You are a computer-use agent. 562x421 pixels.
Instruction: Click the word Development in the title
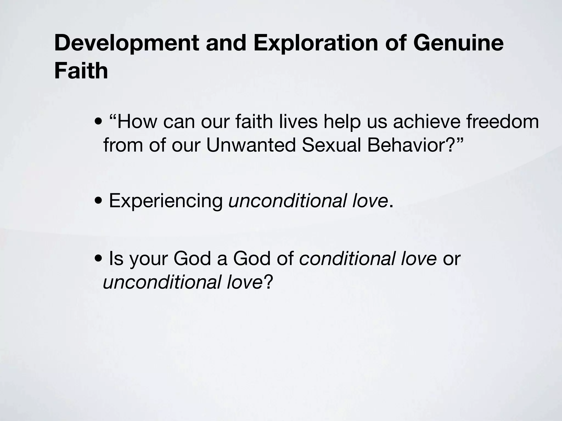pos(126,43)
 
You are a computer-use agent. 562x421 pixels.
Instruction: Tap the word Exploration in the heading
pos(316,43)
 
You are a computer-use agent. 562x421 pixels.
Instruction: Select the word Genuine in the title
pos(458,43)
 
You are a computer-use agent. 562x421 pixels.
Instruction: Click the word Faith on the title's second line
pos(81,71)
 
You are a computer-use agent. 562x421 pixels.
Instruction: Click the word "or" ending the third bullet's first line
pos(452,259)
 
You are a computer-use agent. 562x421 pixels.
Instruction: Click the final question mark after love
pos(268,282)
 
